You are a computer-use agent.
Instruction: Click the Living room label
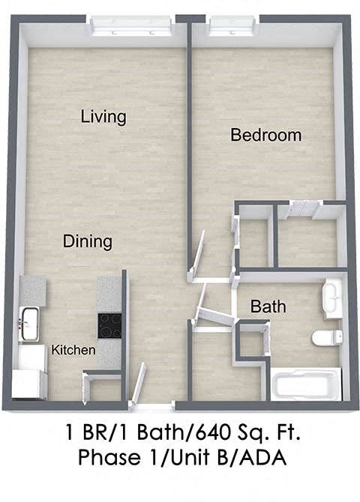coord(103,117)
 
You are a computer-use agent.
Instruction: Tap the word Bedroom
coord(265,135)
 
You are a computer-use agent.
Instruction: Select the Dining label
coord(88,241)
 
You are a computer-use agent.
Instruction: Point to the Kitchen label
coord(73,350)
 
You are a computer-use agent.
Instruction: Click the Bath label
coord(268,307)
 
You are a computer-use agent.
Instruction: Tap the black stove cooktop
coord(109,324)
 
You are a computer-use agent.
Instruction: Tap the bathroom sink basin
coord(331,298)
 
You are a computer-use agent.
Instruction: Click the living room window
coord(133,26)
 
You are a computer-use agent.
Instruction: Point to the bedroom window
coord(232,26)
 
